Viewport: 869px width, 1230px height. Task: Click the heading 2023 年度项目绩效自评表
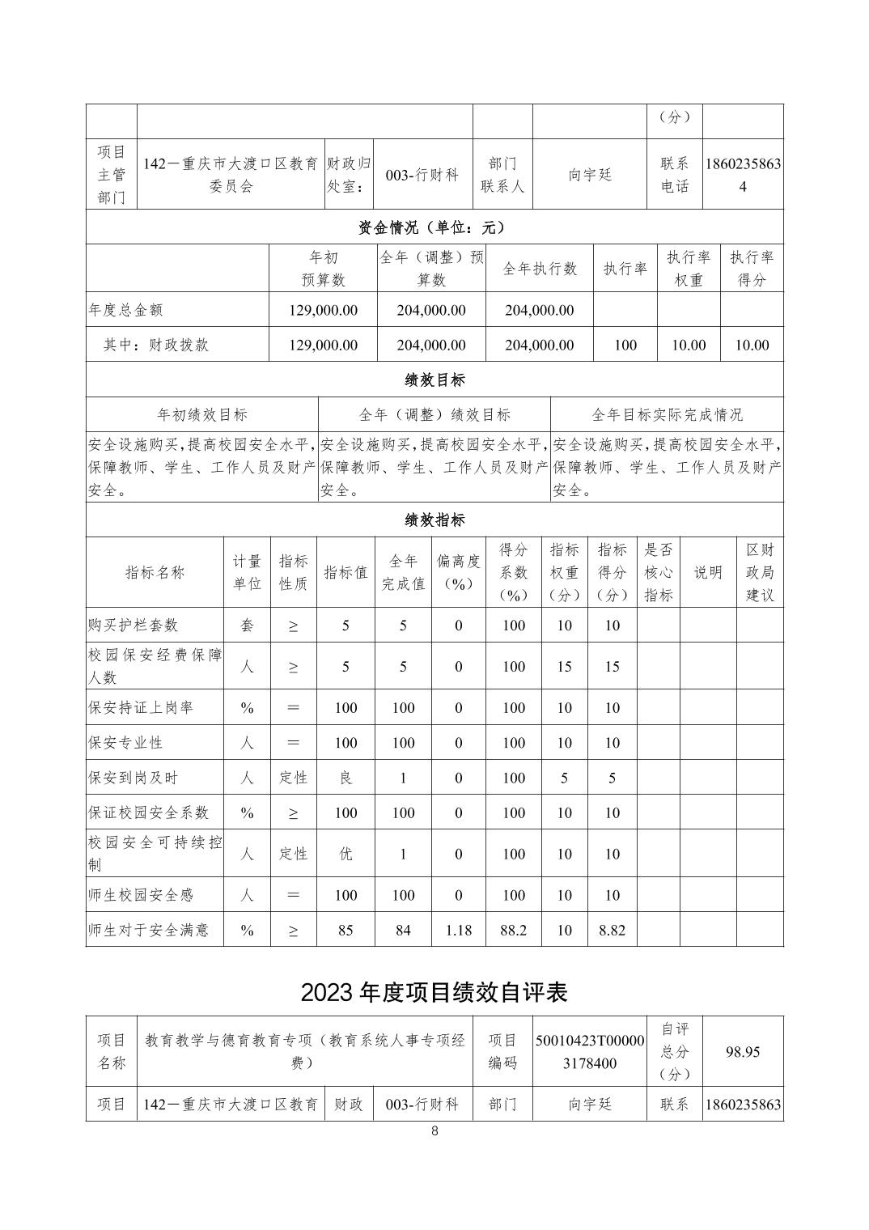[x=434, y=992]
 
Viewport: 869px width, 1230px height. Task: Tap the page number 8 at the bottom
[x=434, y=1131]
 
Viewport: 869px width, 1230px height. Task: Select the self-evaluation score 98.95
[x=742, y=1051]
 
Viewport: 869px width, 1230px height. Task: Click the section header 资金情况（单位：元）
[x=434, y=227]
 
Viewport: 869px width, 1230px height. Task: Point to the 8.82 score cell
[x=612, y=930]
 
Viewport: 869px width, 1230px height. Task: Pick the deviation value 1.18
[x=458, y=930]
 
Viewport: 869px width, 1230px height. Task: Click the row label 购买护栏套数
[x=134, y=626]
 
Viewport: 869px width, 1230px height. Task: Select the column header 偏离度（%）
[x=458, y=572]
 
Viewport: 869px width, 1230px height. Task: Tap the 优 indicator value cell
[x=345, y=854]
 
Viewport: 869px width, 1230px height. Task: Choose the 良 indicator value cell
[x=345, y=778]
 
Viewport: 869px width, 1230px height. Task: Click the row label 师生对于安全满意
[x=148, y=930]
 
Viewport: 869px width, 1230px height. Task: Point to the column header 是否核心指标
[x=658, y=572]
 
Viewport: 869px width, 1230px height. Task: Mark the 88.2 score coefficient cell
[x=513, y=930]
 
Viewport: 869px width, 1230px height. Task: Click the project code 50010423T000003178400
[x=590, y=1051]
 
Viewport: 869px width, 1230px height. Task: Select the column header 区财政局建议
[x=759, y=572]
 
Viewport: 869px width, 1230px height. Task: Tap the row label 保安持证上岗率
[x=141, y=708]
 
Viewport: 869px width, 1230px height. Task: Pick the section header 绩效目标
[x=434, y=380]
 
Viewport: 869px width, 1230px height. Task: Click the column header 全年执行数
[x=540, y=269]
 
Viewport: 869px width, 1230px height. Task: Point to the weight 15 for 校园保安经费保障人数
[x=564, y=667]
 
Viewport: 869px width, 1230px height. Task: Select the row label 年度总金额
[x=126, y=310]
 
